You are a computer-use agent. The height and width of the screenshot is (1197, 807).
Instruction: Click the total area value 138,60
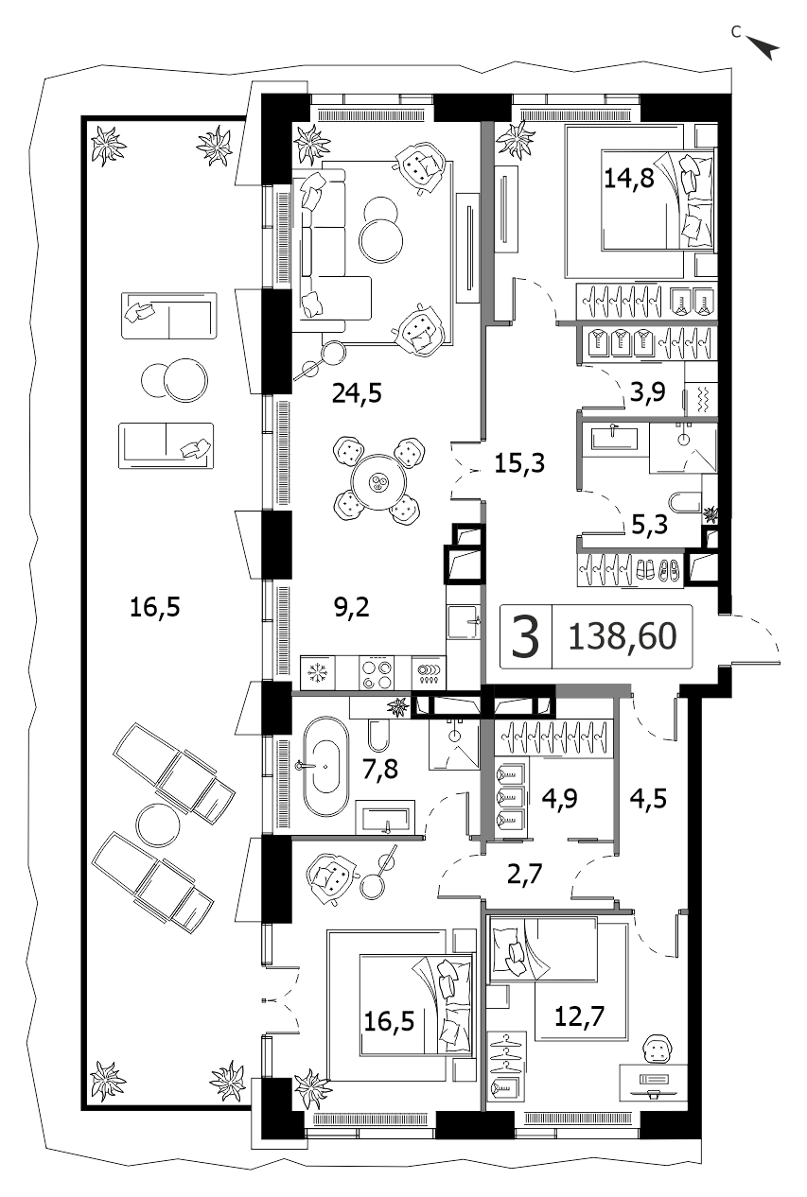623,636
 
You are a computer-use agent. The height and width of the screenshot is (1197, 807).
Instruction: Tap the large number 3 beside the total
525,636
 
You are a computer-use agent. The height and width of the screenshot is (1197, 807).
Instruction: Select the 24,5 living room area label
357,394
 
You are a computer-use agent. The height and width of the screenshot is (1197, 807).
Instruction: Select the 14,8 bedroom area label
628,178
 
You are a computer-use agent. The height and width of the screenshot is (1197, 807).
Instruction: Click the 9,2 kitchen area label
352,607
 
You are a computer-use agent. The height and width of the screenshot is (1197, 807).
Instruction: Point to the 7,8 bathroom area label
380,770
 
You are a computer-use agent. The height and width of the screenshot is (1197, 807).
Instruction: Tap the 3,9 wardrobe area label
647,392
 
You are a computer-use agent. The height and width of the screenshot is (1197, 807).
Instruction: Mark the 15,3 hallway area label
519,462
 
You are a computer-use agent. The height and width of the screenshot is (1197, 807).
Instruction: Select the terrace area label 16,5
155,607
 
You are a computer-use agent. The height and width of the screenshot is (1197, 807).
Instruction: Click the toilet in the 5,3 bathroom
685,502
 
